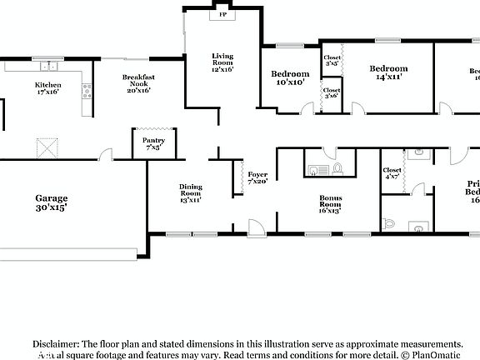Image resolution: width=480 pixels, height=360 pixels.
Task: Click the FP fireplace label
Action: point(222,15)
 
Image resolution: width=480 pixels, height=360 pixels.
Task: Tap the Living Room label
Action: point(222,62)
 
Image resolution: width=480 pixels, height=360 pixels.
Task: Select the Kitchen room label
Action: point(47,88)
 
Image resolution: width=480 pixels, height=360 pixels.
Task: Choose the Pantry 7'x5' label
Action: point(153,144)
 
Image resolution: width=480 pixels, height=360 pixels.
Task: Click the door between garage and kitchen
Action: point(105,156)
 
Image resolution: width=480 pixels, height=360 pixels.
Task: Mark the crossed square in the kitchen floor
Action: point(47,148)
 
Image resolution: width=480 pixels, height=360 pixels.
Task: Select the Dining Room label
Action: point(190,193)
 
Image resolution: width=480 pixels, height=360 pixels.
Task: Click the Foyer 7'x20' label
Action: point(257,177)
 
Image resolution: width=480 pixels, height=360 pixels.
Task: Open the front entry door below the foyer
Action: point(256,227)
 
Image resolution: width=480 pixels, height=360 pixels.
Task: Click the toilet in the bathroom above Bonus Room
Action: point(337,169)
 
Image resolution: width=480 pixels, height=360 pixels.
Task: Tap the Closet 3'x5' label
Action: point(331,60)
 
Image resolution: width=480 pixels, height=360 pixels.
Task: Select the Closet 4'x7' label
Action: point(392,173)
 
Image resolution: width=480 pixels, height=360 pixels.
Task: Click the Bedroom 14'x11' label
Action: point(387,72)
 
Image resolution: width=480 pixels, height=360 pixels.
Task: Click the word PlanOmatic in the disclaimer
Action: point(436,353)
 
